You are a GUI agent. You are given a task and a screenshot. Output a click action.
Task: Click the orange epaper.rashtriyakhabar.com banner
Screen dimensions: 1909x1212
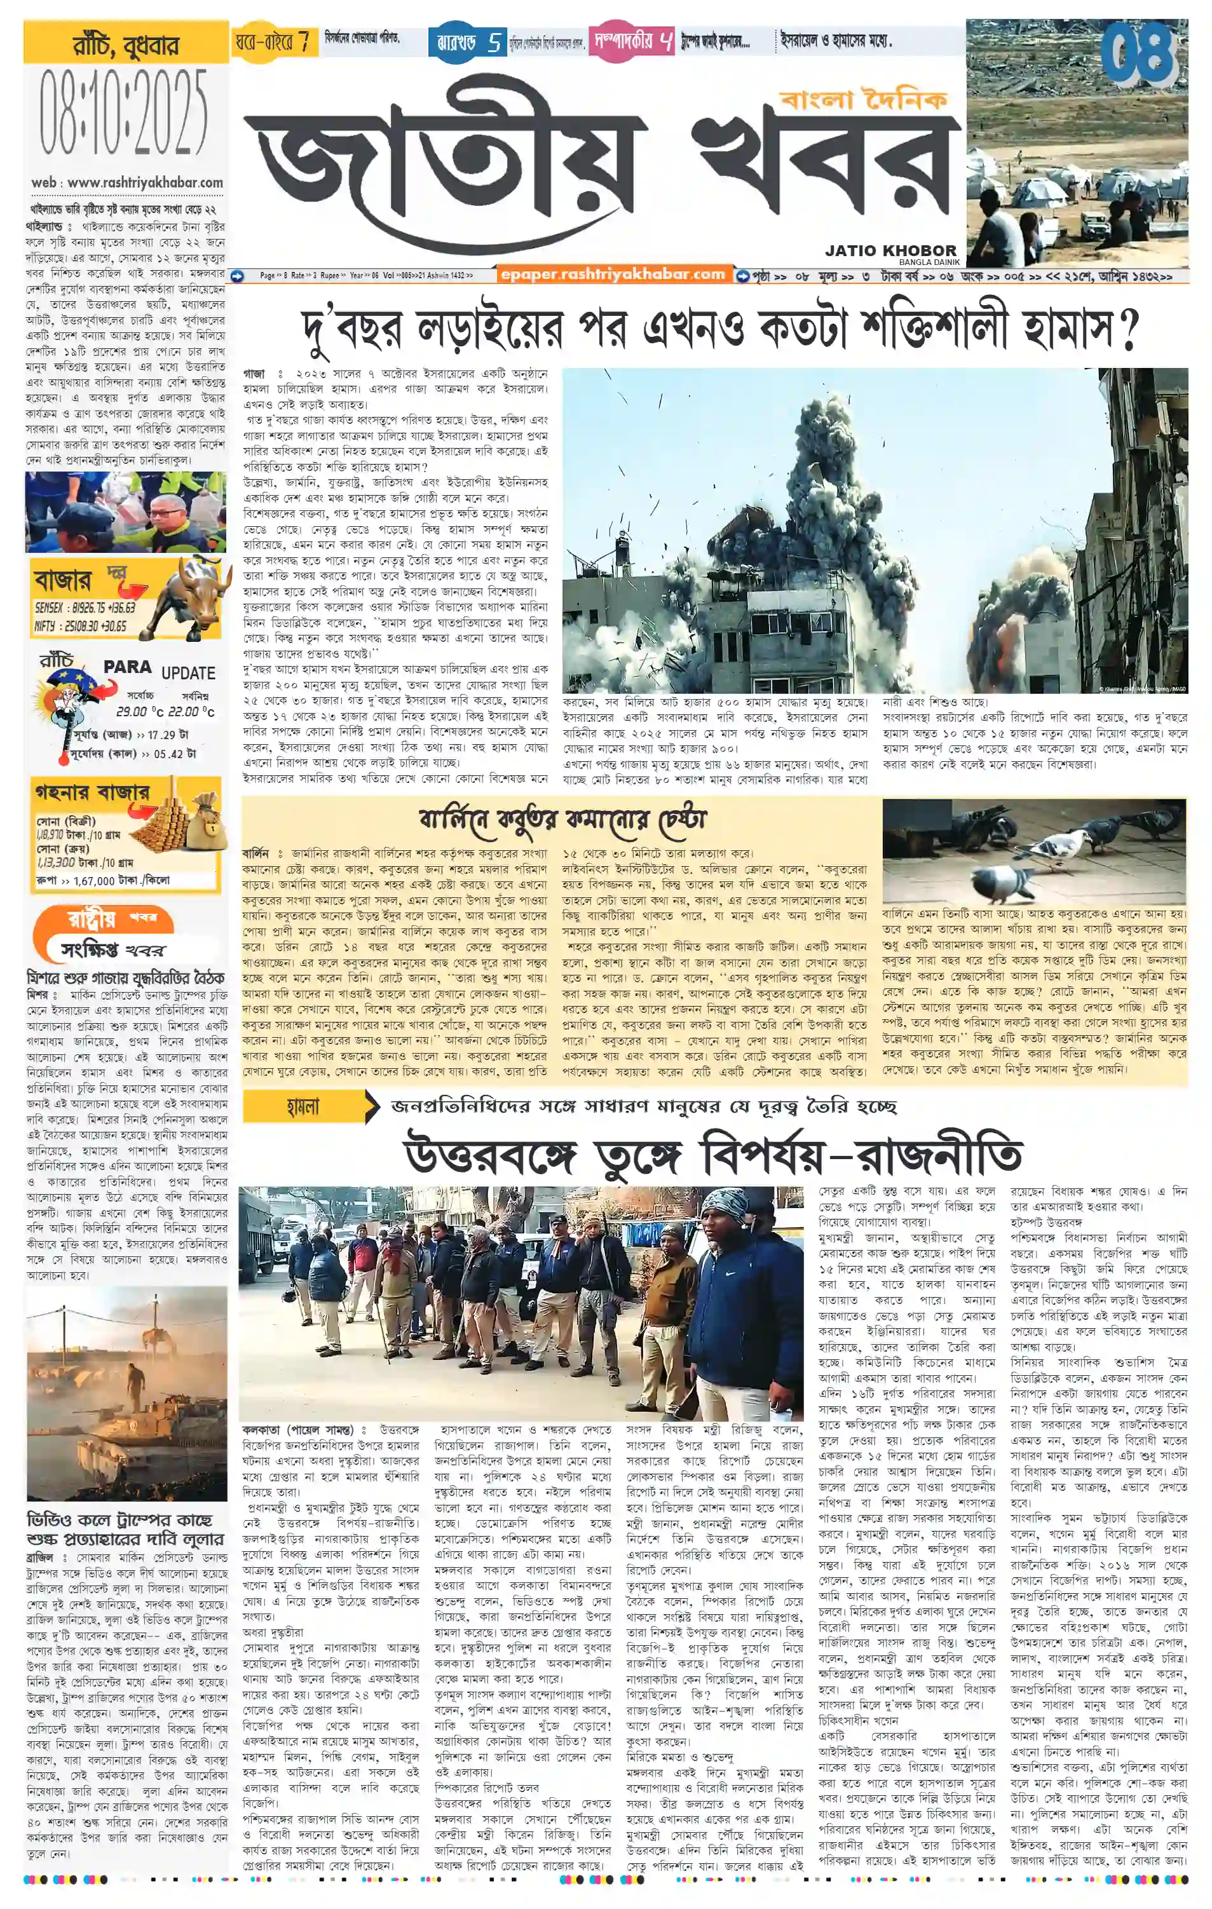pyautogui.click(x=613, y=275)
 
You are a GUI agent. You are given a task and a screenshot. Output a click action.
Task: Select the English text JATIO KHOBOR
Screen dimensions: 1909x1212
pyautogui.click(x=890, y=250)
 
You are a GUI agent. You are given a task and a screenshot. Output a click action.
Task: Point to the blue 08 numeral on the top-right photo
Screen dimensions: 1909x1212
pyautogui.click(x=1139, y=54)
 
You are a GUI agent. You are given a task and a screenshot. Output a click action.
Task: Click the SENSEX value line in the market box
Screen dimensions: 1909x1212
pyautogui.click(x=86, y=608)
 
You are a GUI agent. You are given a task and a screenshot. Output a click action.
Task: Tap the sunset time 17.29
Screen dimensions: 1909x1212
pyautogui.click(x=163, y=735)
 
